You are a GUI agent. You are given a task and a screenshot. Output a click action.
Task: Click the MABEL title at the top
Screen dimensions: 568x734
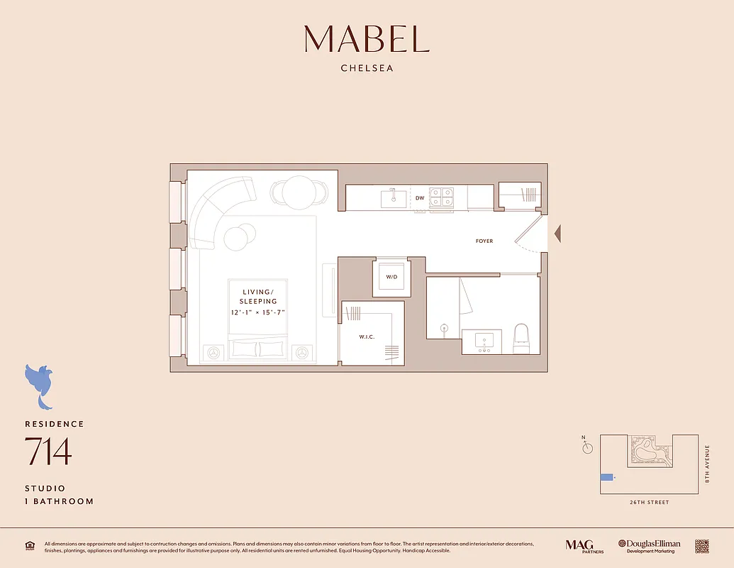coord(367,39)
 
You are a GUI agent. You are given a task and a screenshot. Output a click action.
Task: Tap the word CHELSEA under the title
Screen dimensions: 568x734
coord(367,69)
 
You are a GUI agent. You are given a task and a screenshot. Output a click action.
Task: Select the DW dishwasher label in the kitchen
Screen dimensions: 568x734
coord(419,199)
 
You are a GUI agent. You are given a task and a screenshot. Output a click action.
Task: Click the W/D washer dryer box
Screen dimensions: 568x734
coord(391,277)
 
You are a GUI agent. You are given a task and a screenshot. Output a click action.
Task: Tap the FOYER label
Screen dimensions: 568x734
coord(484,241)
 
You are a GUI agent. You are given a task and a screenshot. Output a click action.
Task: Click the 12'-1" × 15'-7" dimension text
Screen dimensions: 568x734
coord(258,312)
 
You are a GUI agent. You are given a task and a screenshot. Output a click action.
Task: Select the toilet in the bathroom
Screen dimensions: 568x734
coord(521,339)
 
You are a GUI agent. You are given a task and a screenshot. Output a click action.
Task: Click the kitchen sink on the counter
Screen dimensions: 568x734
coord(394,198)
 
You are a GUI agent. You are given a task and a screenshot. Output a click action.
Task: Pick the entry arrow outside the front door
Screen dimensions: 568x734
coord(557,233)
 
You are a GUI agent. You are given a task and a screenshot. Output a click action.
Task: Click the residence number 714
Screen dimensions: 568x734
coord(48,452)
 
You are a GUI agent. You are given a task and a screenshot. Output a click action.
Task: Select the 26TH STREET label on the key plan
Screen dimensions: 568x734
coord(649,503)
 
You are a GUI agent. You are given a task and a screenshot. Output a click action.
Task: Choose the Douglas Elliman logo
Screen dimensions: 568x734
coord(649,545)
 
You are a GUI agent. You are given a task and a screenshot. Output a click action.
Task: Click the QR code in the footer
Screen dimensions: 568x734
coord(701,545)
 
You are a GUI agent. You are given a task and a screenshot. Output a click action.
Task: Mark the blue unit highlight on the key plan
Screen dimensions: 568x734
coord(606,477)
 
